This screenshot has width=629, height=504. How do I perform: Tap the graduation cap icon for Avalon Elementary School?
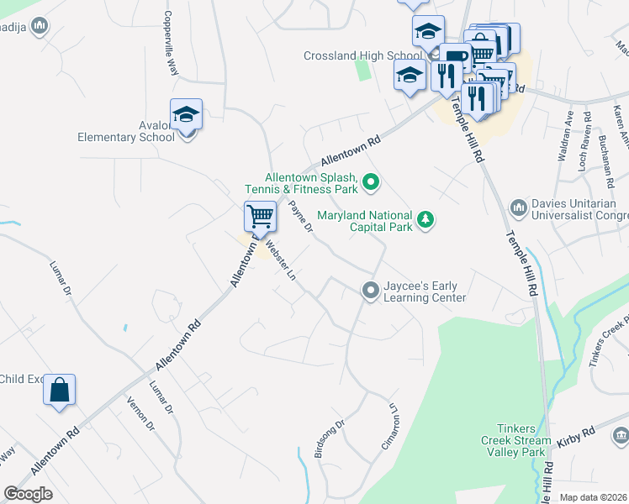(x=186, y=114)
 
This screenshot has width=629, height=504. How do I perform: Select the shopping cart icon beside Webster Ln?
(x=260, y=217)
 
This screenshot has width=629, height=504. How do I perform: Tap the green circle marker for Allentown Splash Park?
(x=372, y=181)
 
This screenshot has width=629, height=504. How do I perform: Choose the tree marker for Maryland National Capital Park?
(x=426, y=220)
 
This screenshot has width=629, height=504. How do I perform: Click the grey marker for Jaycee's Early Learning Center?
(x=369, y=290)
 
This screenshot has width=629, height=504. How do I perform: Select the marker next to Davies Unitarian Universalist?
(x=519, y=207)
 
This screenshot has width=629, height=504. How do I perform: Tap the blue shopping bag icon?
(x=59, y=390)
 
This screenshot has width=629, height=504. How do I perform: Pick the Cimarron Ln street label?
(x=389, y=426)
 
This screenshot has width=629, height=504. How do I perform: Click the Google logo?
(x=28, y=493)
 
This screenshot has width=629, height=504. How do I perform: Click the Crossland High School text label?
(x=362, y=56)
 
